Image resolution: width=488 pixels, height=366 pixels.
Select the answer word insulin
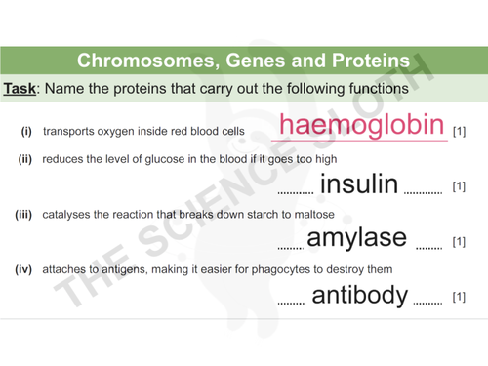pos(358,183)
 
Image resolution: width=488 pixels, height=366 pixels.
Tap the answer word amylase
pos(356,238)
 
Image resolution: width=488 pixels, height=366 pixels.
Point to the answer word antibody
pos(359,295)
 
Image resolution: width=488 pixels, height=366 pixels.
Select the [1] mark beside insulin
pos(459,186)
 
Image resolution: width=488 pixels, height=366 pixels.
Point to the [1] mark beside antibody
pos(459,297)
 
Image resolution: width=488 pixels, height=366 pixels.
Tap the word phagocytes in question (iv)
pos(269,269)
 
